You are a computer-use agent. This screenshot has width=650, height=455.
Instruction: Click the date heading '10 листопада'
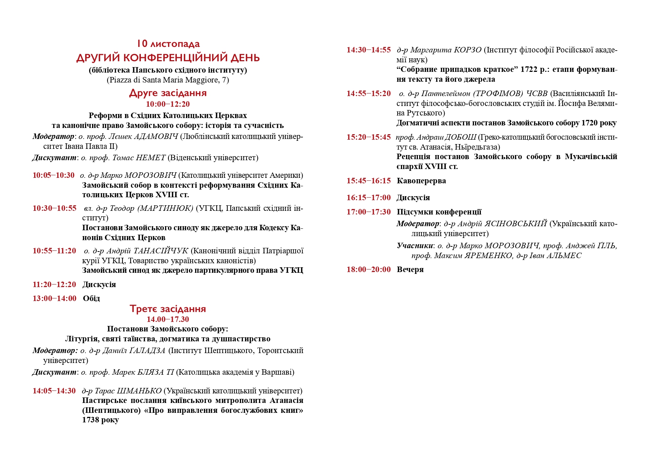point(168,44)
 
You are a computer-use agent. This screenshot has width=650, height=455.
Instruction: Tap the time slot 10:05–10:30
point(54,175)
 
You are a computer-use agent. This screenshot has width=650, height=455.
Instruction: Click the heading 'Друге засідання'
point(168,93)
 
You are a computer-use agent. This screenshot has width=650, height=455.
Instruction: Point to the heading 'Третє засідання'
point(168,309)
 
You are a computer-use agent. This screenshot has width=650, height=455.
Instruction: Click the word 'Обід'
point(91,298)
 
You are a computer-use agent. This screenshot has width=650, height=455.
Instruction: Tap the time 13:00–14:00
point(55,298)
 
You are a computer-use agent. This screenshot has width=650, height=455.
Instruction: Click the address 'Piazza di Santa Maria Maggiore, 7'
point(168,80)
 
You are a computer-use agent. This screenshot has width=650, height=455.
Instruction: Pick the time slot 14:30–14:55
point(369,50)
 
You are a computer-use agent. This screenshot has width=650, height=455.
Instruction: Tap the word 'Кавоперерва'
point(421,181)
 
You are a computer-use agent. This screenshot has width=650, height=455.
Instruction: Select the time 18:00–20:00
point(369,269)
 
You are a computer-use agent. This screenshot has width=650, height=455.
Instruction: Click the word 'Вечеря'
point(410,269)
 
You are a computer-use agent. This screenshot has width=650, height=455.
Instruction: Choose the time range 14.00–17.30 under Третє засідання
point(168,319)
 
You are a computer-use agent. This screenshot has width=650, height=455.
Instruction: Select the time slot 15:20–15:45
point(369,137)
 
